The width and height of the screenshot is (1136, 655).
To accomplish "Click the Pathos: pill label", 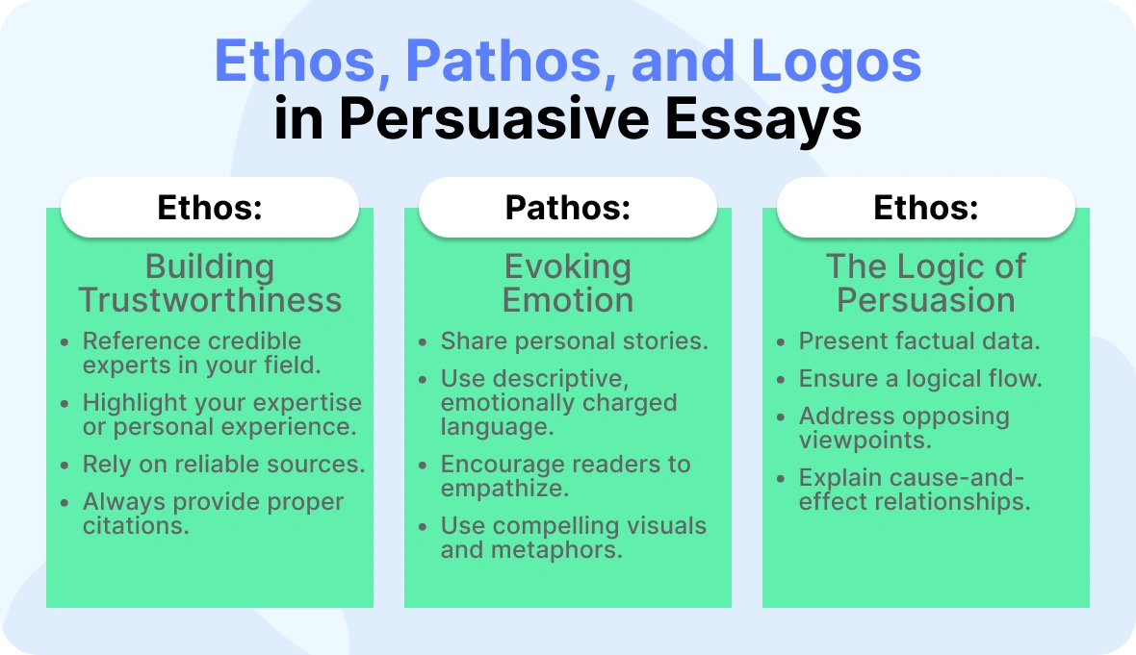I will pos(568,209).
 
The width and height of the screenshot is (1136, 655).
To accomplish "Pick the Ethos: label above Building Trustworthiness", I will pos(210,209).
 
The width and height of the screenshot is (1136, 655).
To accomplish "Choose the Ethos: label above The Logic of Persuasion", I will pos(926,209).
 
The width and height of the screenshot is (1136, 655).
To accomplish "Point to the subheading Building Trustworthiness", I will pos(210,283).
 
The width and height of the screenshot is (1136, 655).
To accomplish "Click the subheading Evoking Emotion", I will pos(568,283).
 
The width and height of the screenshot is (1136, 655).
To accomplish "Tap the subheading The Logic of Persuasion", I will pos(926,283).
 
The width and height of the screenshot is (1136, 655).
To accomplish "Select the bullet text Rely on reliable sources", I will pos(223,465).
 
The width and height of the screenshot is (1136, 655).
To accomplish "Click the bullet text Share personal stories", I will pos(574,341).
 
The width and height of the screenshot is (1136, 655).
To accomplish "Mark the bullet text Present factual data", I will pos(919,341).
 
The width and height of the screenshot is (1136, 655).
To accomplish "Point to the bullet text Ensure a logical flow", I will pos(920,379).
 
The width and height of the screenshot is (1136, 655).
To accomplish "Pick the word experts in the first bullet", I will pos(119,365).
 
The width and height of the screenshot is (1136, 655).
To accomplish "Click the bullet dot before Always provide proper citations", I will pos(65,503).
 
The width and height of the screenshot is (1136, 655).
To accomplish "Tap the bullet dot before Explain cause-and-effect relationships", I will pos(781,479).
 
